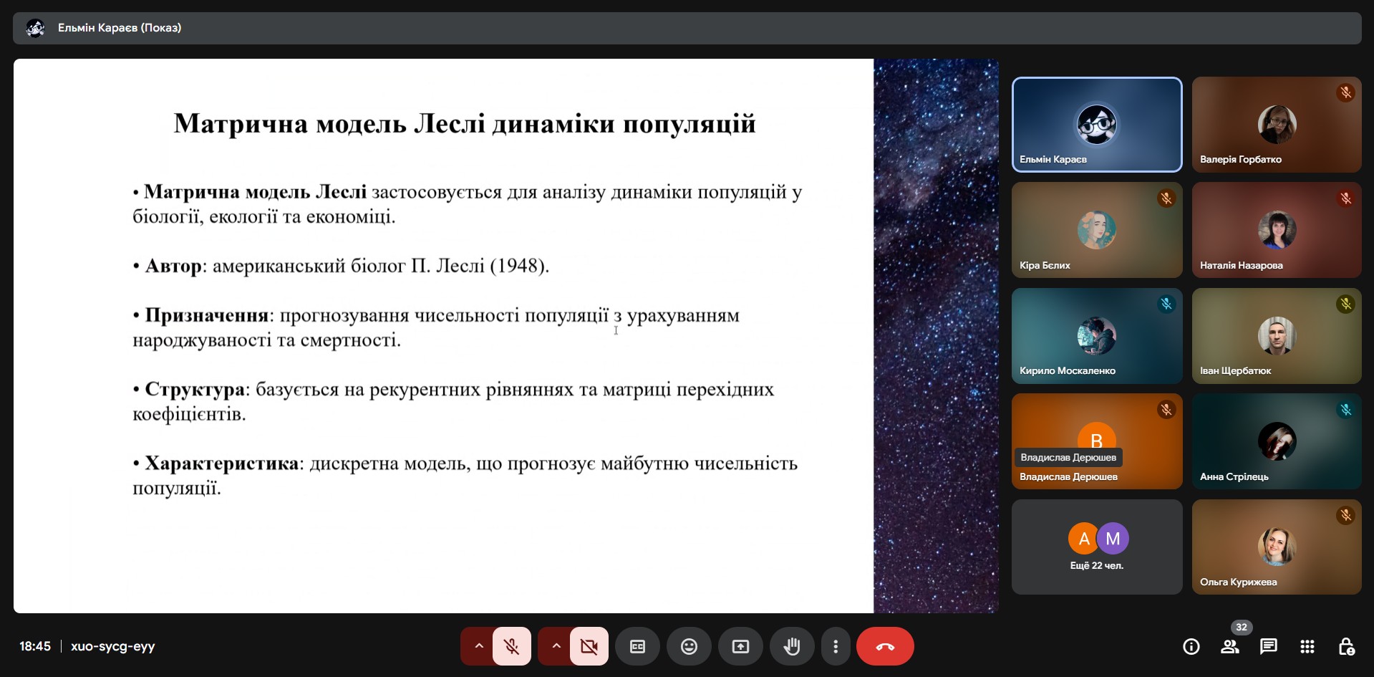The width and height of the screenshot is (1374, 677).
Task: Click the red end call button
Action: click(885, 646)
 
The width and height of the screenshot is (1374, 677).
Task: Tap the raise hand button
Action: click(791, 646)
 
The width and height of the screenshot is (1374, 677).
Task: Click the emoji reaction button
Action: click(689, 646)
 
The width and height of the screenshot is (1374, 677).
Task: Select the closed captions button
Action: click(637, 646)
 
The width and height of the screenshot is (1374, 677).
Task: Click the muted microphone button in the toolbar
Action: click(511, 646)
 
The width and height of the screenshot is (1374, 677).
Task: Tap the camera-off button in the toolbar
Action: click(589, 646)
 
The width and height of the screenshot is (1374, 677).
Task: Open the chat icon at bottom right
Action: click(1268, 646)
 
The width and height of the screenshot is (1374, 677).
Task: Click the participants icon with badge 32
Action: click(1230, 646)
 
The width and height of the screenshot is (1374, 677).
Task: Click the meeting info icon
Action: click(1191, 646)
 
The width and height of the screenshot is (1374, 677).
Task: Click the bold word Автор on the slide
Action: click(173, 266)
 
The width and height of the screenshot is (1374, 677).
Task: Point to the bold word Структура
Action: click(195, 390)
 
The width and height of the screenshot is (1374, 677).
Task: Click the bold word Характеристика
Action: click(221, 464)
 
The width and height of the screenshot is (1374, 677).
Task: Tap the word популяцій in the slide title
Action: click(690, 124)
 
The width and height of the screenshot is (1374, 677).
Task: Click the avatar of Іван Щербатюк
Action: click(1277, 335)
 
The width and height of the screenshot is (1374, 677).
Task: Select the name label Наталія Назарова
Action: click(1241, 265)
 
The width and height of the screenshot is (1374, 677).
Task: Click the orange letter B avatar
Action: click(1096, 438)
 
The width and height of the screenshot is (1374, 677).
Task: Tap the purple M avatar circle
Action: click(1113, 539)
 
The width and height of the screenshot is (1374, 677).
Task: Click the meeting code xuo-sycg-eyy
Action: click(113, 646)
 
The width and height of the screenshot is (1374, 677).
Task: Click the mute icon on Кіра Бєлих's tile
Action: click(1166, 198)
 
